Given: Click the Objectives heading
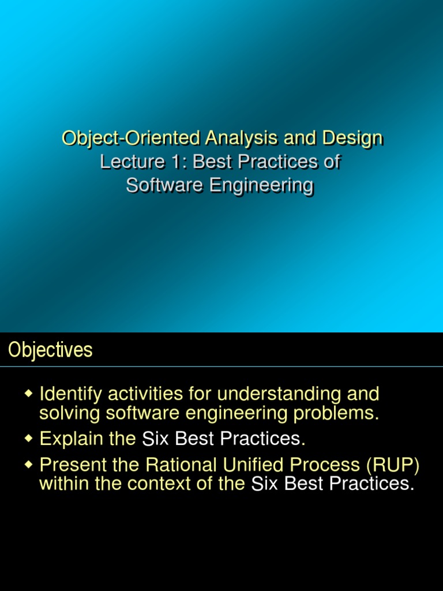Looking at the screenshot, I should [50, 350].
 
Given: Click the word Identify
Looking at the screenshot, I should [70, 394].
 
